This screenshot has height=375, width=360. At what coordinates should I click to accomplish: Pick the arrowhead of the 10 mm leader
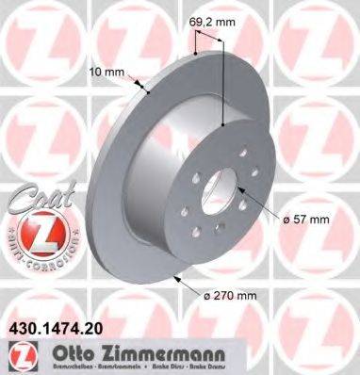152,91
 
